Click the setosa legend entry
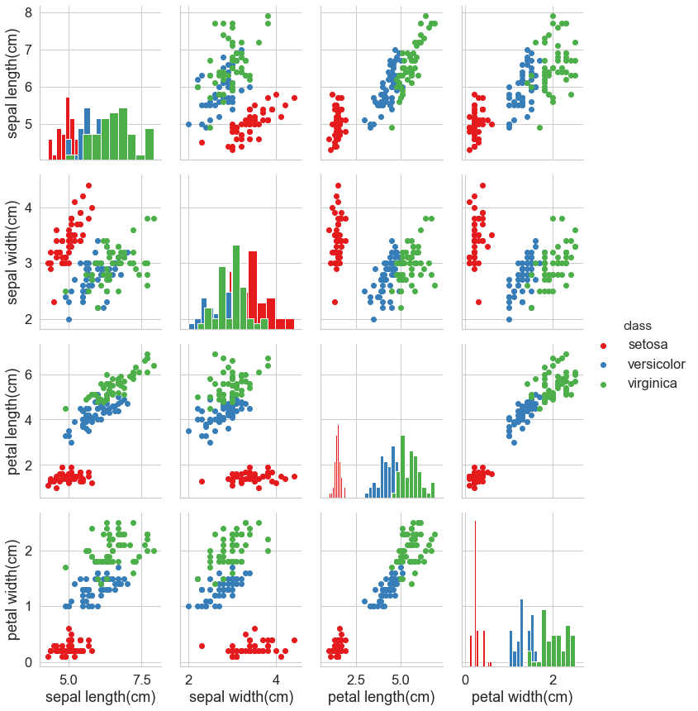point(648,344)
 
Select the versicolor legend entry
point(656,364)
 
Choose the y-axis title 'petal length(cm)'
point(15,420)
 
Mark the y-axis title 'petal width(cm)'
point(15,589)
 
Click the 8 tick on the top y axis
point(28,12)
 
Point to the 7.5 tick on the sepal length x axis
point(142,679)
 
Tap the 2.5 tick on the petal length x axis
point(357,679)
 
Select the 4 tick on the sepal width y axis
point(28,208)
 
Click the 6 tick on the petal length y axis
point(28,374)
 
